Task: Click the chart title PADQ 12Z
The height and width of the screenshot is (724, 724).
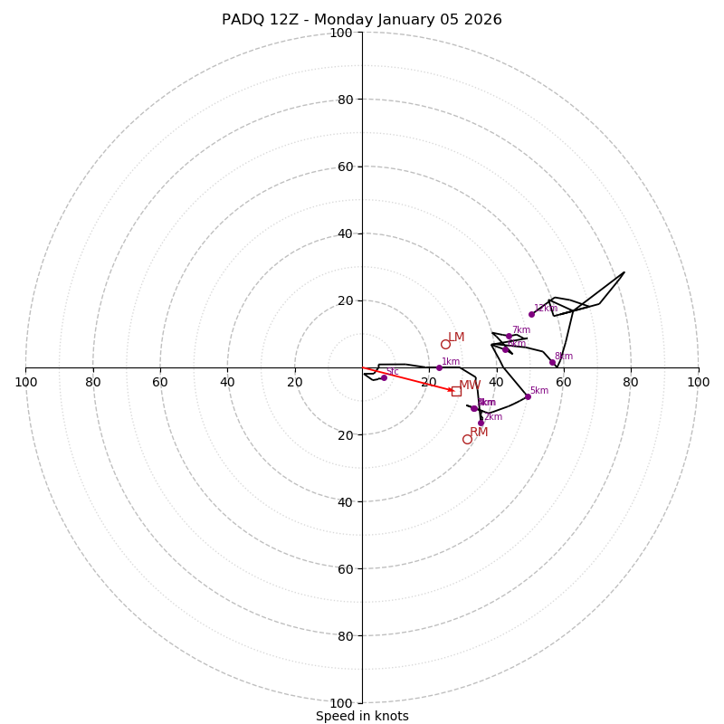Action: pyautogui.click(x=362, y=20)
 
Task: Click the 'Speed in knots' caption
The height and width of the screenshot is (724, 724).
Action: pyautogui.click(x=362, y=716)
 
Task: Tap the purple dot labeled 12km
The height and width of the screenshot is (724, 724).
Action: pyautogui.click(x=531, y=314)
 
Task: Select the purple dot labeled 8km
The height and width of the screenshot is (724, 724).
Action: pyautogui.click(x=552, y=362)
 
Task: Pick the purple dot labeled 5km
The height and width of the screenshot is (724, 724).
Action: pyautogui.click(x=528, y=396)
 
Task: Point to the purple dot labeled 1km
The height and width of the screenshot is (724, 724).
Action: pyautogui.click(x=439, y=367)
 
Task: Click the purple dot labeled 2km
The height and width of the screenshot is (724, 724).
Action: pyautogui.click(x=481, y=423)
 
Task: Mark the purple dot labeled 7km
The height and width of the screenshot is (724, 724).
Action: pyautogui.click(x=509, y=336)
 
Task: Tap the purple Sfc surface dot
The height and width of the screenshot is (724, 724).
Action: pyautogui.click(x=384, y=377)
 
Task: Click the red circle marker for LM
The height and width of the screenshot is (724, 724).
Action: pyautogui.click(x=445, y=344)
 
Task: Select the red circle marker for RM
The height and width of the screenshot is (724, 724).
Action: pyautogui.click(x=467, y=440)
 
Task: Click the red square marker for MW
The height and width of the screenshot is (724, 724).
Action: pyautogui.click(x=456, y=391)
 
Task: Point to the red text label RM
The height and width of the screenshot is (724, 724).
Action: pyautogui.click(x=479, y=433)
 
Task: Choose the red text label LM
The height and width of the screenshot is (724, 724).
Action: pyautogui.click(x=456, y=338)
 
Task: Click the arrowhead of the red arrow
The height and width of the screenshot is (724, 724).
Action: pyautogui.click(x=452, y=390)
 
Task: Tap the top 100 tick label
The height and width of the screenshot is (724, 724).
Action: pyautogui.click(x=341, y=33)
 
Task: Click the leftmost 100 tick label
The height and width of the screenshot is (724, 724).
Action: pyautogui.click(x=26, y=382)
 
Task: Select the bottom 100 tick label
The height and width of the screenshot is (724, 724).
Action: pyautogui.click(x=341, y=702)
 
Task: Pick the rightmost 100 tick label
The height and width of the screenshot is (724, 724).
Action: pyautogui.click(x=698, y=382)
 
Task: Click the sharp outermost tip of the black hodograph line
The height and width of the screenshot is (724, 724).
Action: pyautogui.click(x=624, y=272)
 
